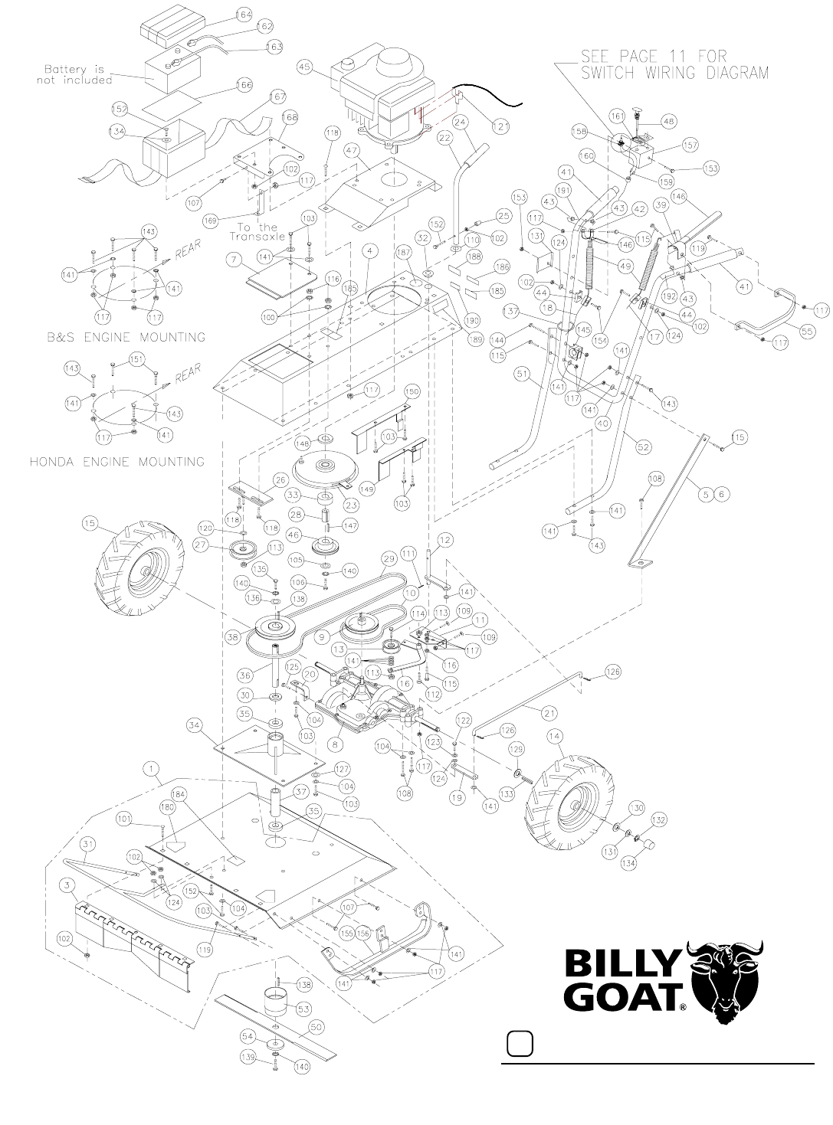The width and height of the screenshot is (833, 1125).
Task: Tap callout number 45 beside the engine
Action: [x=304, y=68]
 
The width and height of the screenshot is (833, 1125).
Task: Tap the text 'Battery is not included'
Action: [x=76, y=74]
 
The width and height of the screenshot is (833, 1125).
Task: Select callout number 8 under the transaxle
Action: [x=332, y=742]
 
